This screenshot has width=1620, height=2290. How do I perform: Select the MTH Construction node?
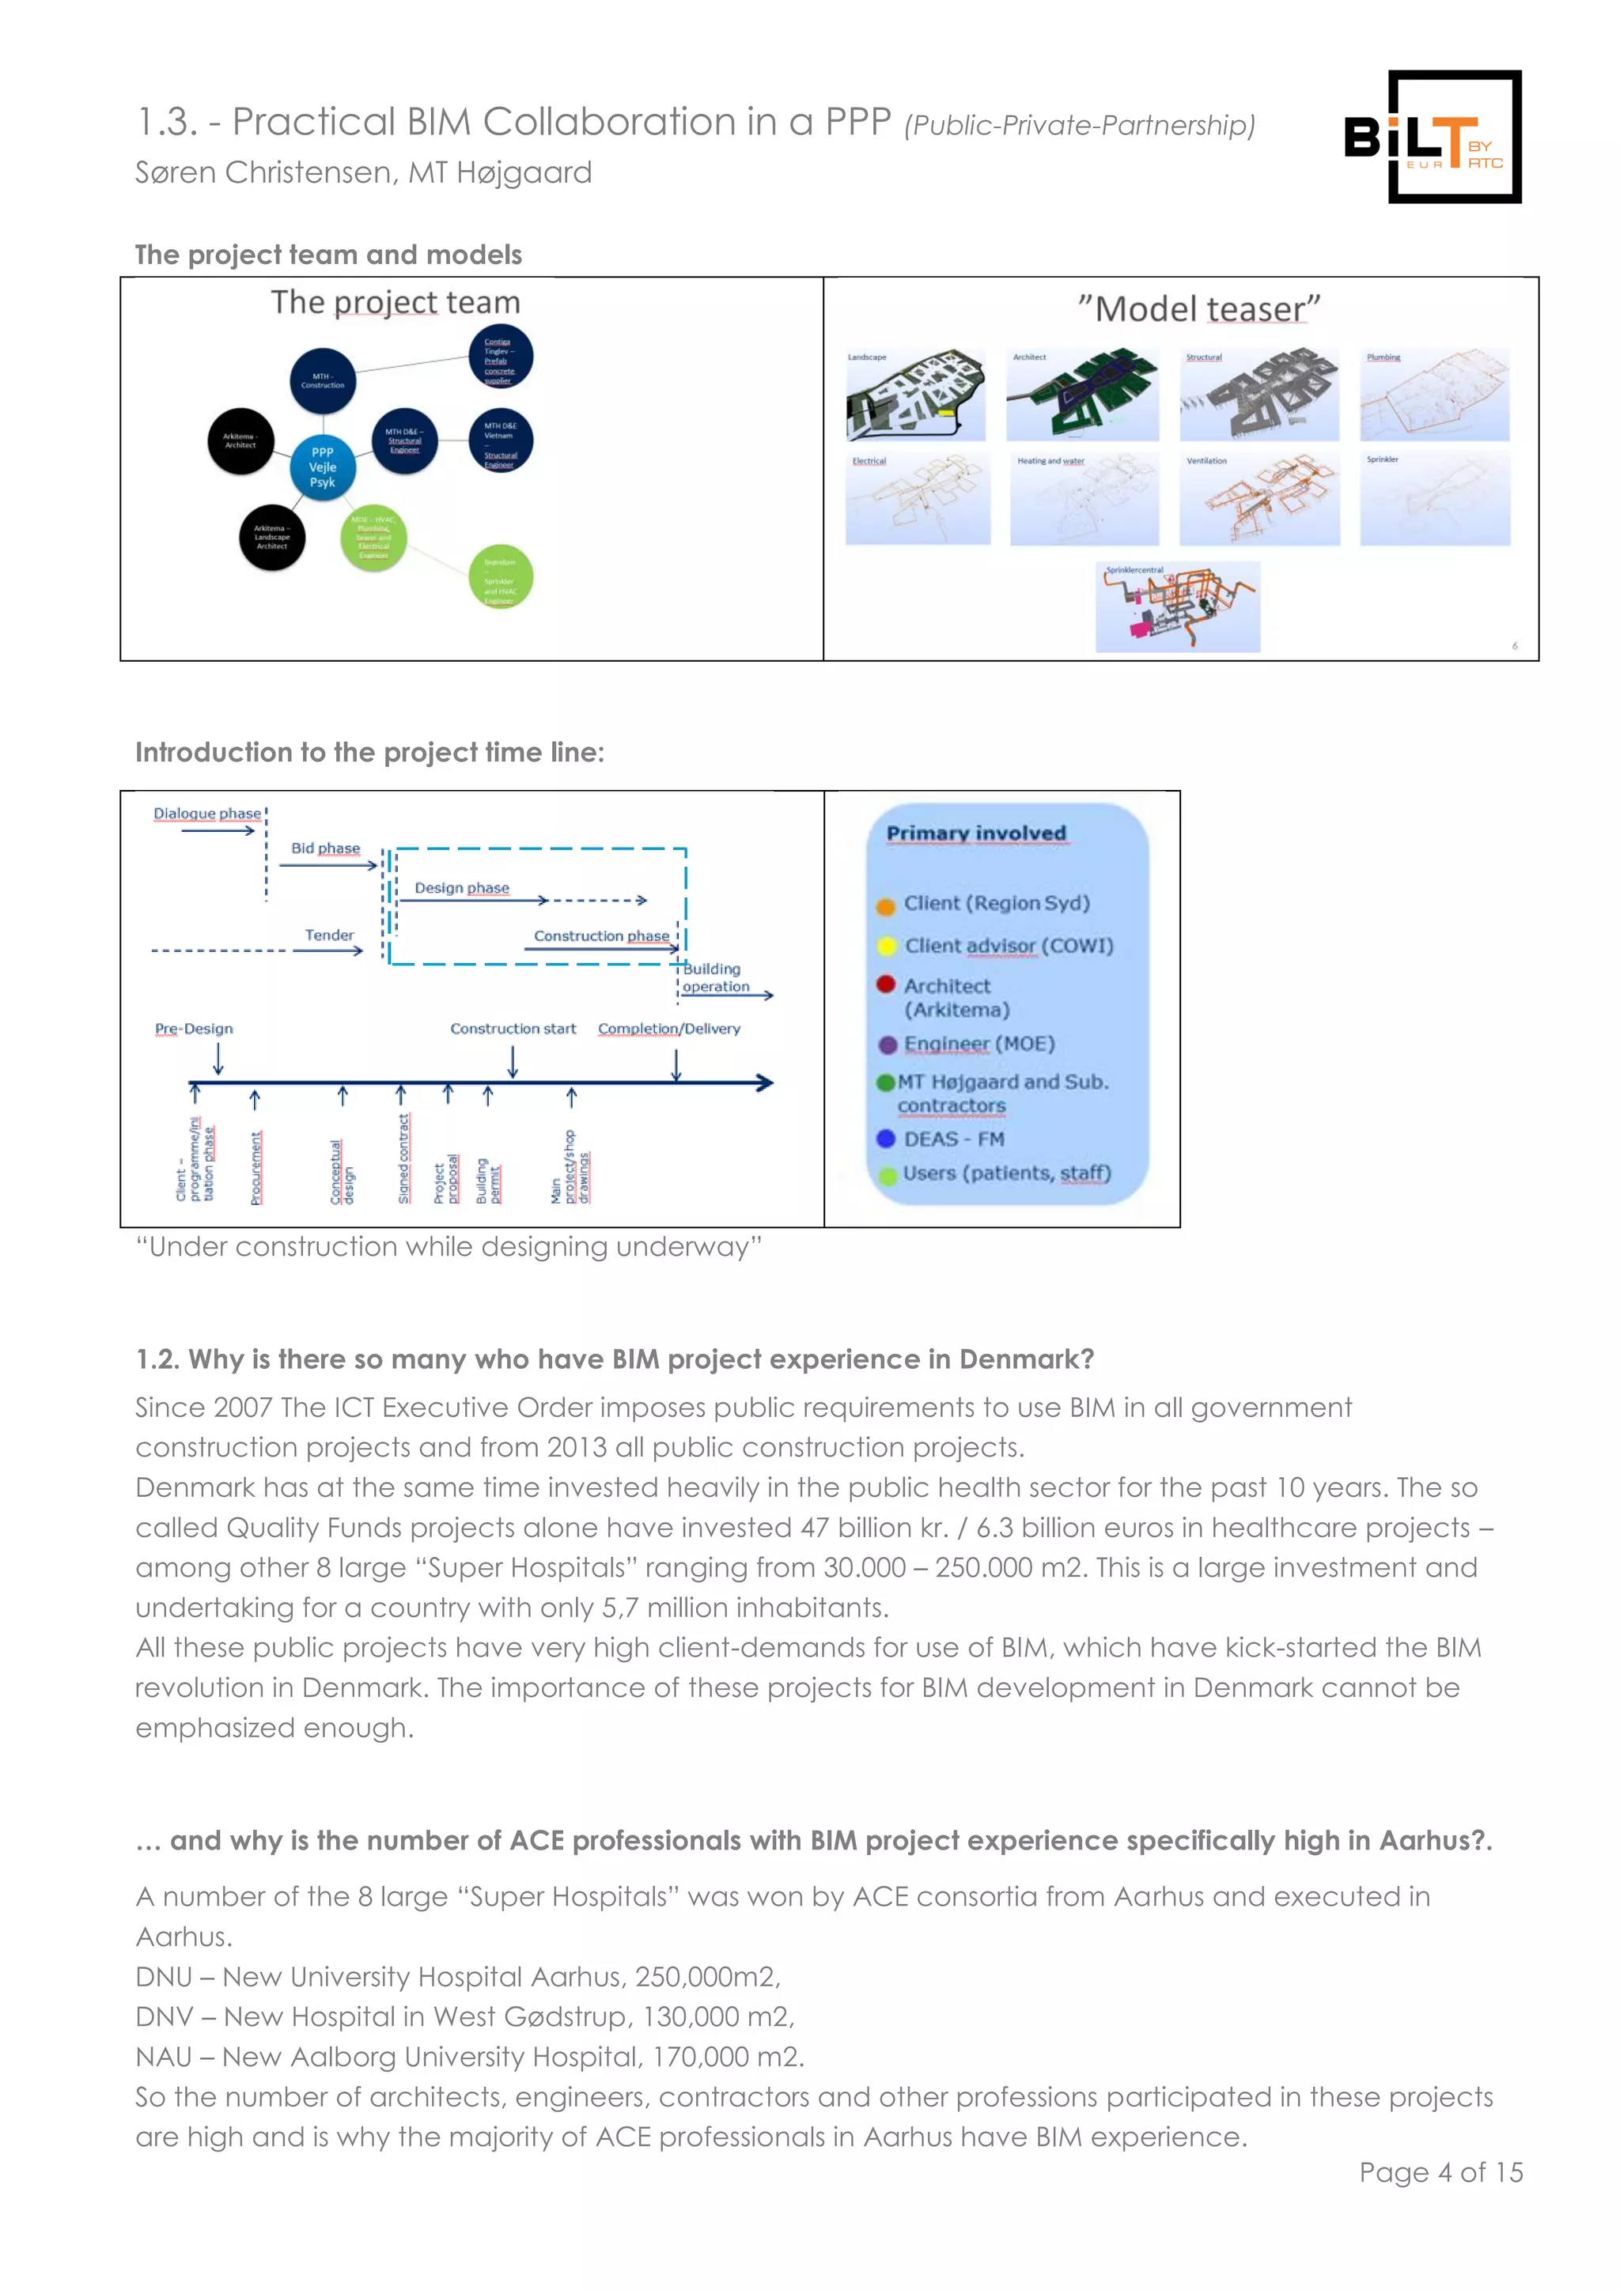[x=322, y=381]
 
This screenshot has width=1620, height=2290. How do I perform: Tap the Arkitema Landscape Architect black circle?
[x=271, y=538]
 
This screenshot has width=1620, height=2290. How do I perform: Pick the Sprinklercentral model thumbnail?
[x=1177, y=607]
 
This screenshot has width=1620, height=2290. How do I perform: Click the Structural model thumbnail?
[x=1259, y=395]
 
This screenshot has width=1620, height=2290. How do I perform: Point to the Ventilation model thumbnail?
[x=1259, y=499]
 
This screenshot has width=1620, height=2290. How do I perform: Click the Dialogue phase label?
[x=206, y=813]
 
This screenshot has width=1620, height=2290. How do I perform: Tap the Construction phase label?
[x=600, y=935]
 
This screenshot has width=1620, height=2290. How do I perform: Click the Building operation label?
[x=713, y=977]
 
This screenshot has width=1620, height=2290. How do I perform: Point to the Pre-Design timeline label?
[x=194, y=1028]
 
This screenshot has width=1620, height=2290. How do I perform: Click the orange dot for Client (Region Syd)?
[x=885, y=905]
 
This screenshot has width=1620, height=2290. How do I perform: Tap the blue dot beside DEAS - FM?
[x=885, y=1139]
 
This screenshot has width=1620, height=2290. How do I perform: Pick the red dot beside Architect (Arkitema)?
[x=885, y=984]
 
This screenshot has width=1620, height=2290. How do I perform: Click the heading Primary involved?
[x=975, y=833]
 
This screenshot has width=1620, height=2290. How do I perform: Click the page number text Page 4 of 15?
[x=1440, y=2172]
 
